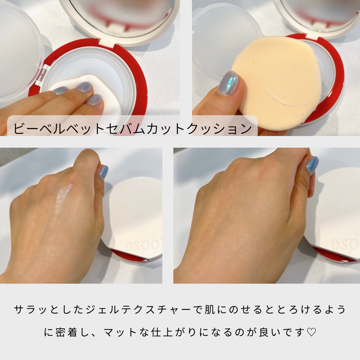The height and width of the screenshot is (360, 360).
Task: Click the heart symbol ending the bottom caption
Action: [x=311, y=333]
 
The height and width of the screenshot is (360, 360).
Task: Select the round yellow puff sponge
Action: [x=277, y=80]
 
